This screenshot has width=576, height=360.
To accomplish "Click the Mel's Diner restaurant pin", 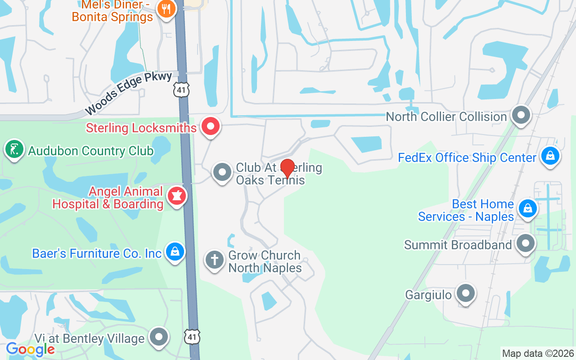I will [x=166, y=9].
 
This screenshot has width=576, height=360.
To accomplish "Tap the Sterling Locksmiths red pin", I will [x=210, y=126].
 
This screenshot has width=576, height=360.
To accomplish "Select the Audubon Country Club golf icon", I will [x=14, y=149].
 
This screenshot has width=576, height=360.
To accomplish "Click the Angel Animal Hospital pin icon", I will [x=177, y=196].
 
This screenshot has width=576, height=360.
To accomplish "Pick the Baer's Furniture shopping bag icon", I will [x=175, y=252].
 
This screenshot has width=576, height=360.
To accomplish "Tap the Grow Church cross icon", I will [x=215, y=260].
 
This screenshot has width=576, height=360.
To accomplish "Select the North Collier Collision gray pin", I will [x=521, y=115].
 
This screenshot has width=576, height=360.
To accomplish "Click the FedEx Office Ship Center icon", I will [x=549, y=157].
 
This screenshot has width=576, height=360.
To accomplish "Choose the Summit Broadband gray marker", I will [x=525, y=243].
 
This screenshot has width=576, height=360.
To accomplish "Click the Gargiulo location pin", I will [x=465, y=293].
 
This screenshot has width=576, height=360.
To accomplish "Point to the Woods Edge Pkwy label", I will [x=128, y=93].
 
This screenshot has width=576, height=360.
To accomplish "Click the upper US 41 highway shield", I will [x=182, y=90].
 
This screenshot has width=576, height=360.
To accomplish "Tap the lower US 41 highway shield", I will [x=192, y=336].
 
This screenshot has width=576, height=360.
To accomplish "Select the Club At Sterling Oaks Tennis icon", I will [x=222, y=172].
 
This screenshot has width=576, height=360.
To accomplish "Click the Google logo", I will [x=30, y=349].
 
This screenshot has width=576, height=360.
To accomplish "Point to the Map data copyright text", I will [x=538, y=353].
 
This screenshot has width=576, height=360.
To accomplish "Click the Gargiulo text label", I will [x=428, y=295].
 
